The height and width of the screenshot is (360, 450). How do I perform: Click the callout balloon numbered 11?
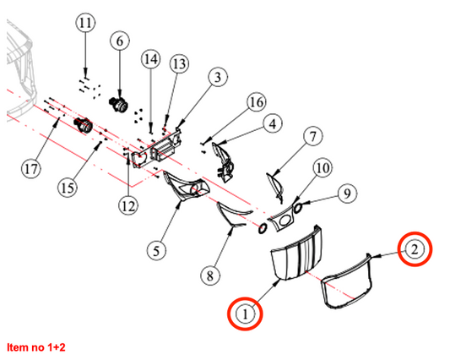[x=85, y=23]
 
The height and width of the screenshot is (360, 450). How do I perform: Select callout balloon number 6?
[x=120, y=41]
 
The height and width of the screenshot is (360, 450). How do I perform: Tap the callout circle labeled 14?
[x=150, y=59]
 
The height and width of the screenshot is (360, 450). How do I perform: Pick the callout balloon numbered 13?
[x=179, y=63]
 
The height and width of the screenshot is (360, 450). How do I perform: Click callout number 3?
[x=218, y=77]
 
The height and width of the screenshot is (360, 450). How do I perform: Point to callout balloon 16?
[x=257, y=102]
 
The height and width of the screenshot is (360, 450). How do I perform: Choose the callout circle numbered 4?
[x=273, y=124]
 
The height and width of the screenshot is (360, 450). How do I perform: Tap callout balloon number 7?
[x=313, y=136]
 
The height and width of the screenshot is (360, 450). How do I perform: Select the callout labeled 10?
[x=323, y=168]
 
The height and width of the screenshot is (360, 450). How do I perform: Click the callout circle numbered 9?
[x=347, y=194]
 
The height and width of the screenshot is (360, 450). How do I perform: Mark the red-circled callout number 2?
[x=415, y=249]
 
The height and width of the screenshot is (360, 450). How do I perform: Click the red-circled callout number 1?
[x=245, y=314]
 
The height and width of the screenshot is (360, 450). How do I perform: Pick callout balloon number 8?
[x=210, y=275]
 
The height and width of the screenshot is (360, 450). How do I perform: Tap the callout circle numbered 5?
[x=156, y=251]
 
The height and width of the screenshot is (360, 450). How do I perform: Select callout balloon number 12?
[x=128, y=206]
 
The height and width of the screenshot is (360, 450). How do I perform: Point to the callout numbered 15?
[x=68, y=188]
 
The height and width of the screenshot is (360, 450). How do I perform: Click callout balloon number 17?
[x=31, y=168]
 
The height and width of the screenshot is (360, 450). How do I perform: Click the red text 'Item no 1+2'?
[x=36, y=347]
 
